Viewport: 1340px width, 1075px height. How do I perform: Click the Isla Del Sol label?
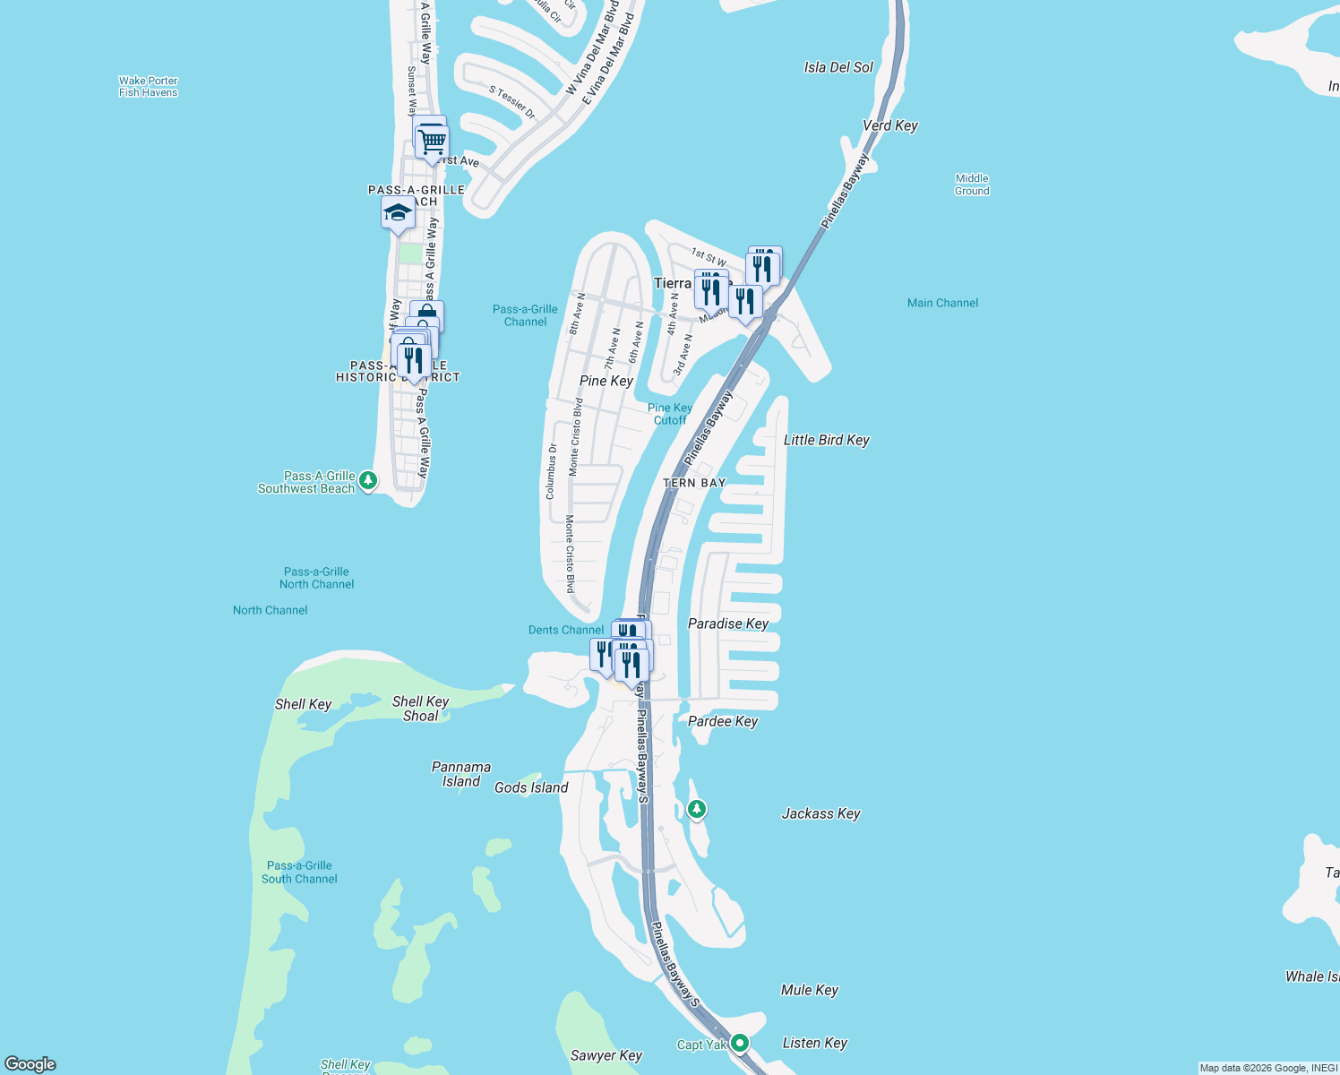(x=838, y=67)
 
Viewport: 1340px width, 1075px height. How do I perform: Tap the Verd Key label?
(x=889, y=125)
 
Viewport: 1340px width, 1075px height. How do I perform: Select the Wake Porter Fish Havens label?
(x=149, y=87)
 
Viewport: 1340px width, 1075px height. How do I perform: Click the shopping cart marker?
(x=433, y=142)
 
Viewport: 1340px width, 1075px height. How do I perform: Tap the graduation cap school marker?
(x=398, y=214)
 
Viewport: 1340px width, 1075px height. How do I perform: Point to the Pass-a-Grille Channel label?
(x=525, y=315)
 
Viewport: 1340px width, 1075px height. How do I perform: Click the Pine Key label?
(x=606, y=381)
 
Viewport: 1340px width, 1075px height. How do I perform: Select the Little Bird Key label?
(x=826, y=440)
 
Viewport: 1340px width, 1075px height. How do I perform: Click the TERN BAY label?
(x=694, y=483)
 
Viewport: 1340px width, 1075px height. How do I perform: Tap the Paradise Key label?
(x=728, y=623)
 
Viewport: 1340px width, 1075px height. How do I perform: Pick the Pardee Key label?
(x=723, y=721)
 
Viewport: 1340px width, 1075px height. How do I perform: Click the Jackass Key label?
(x=820, y=813)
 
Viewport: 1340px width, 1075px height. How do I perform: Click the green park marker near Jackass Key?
(x=697, y=809)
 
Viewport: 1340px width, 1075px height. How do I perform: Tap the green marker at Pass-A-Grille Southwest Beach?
(x=367, y=481)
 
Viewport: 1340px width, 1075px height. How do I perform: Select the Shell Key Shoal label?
(x=420, y=709)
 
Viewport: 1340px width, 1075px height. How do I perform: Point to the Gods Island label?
(x=531, y=787)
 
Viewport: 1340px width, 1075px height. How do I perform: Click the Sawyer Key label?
(x=606, y=1055)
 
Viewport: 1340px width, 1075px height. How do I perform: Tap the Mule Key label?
(x=810, y=990)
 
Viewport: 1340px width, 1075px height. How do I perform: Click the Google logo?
(x=30, y=1064)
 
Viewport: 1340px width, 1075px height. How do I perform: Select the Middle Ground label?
(x=972, y=185)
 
